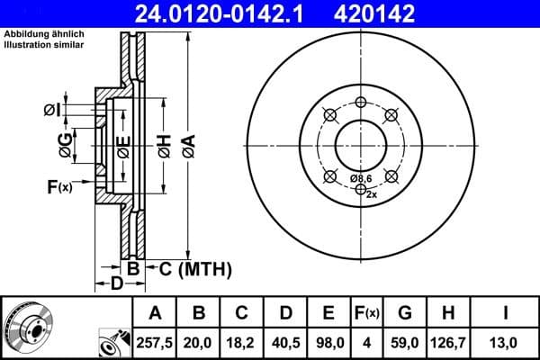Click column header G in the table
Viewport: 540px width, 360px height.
[x=405, y=313]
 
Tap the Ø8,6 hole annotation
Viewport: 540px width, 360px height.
[x=361, y=179]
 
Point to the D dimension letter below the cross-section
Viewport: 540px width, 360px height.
[x=116, y=285]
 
